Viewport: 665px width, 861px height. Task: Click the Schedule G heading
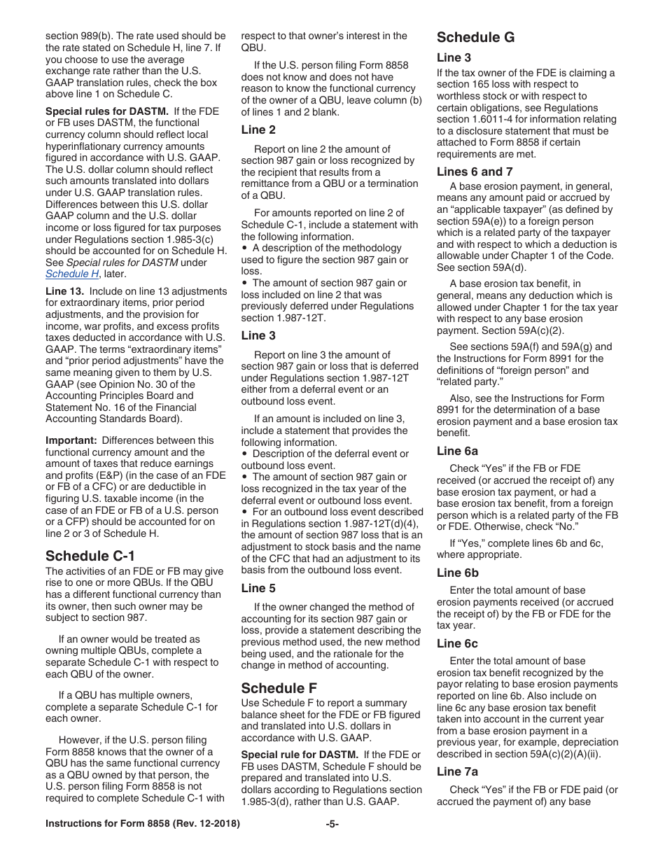pyautogui.click(x=475, y=38)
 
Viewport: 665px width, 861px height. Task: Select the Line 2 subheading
pyautogui.click(x=258, y=129)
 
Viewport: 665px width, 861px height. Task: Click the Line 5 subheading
pyautogui.click(x=258, y=588)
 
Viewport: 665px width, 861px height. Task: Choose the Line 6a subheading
pyautogui.click(x=457, y=451)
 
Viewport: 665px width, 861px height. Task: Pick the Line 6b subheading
pyautogui.click(x=457, y=573)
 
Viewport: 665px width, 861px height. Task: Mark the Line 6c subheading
pyautogui.click(x=457, y=643)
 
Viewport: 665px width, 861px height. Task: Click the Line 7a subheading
pyautogui.click(x=457, y=771)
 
